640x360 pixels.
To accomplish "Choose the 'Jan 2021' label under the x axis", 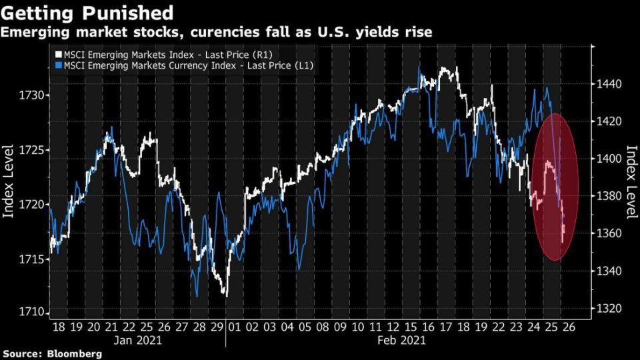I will pyautogui.click(x=137, y=340).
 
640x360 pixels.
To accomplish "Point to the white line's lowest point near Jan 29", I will pyautogui.click(x=226, y=295).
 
